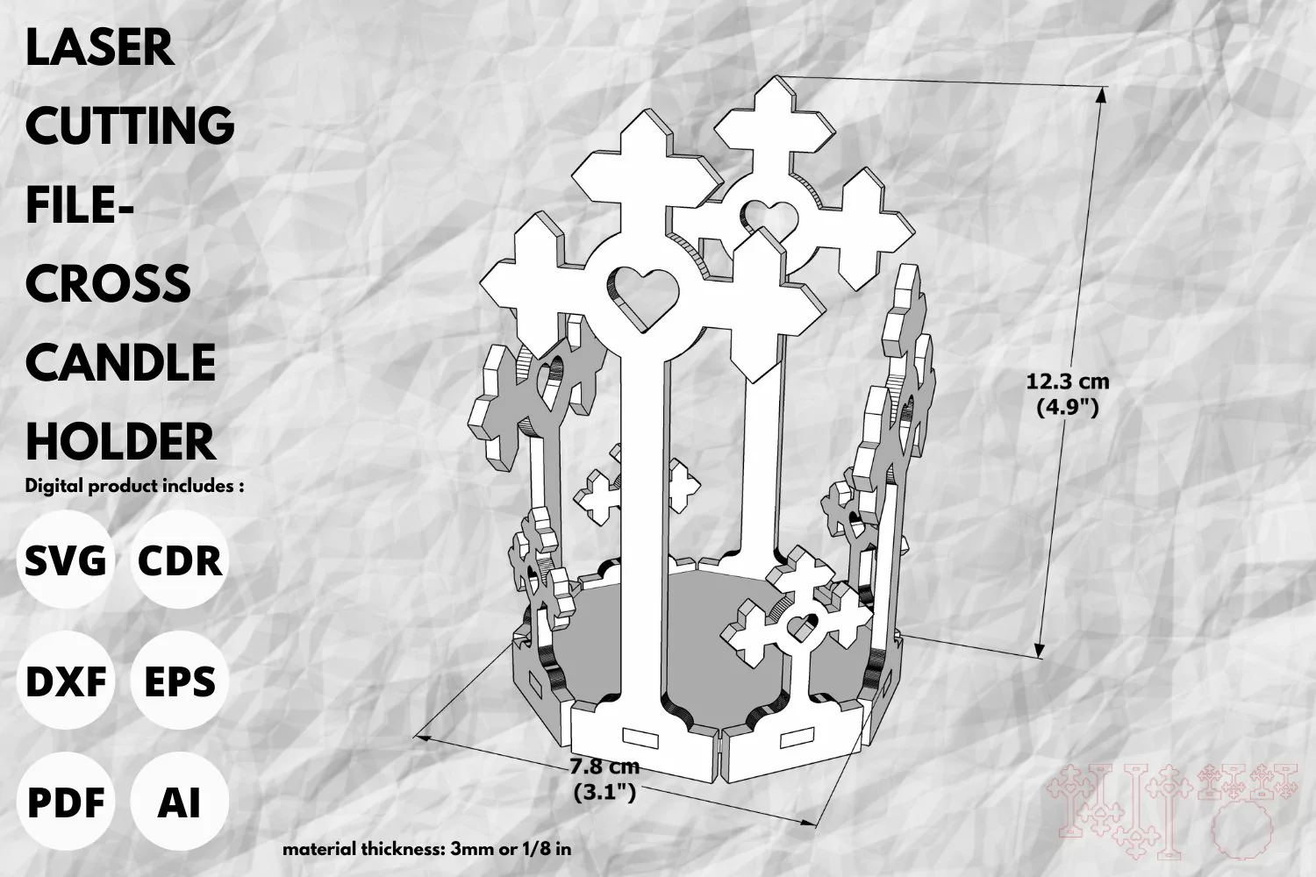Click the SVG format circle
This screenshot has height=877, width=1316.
click(65, 560)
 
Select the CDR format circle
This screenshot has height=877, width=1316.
click(180, 560)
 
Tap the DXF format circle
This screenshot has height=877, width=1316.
click(65, 681)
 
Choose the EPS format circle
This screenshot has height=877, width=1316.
click(180, 681)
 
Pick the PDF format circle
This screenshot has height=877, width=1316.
click(65, 802)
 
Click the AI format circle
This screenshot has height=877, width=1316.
click(180, 802)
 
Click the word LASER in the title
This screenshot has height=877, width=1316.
click(100, 47)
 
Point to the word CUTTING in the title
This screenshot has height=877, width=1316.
click(130, 125)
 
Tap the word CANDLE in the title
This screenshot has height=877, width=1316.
click(120, 362)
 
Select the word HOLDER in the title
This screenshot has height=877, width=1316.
click(120, 442)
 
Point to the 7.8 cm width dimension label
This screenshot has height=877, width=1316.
click(604, 780)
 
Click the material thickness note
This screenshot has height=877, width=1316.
click(426, 849)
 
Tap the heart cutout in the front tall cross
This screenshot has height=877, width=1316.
click(642, 296)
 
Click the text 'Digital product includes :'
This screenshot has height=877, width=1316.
click(134, 487)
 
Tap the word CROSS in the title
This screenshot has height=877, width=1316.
click(108, 284)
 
